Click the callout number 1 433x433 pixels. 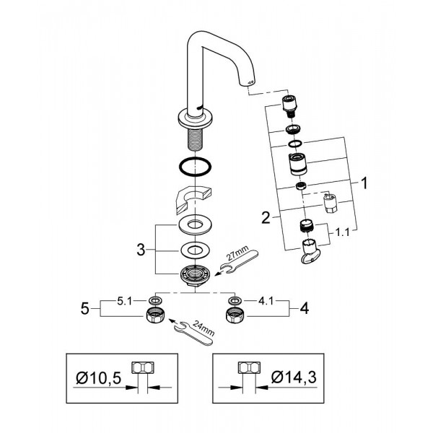click(364, 183)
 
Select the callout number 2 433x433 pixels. click(266, 218)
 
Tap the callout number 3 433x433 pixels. click(141, 250)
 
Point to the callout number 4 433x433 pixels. click(304, 308)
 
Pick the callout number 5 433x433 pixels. click(84, 308)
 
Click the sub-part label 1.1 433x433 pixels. click(342, 232)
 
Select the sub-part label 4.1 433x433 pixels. click(266, 301)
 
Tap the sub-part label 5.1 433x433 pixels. click(125, 301)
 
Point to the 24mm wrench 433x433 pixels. click(194, 333)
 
